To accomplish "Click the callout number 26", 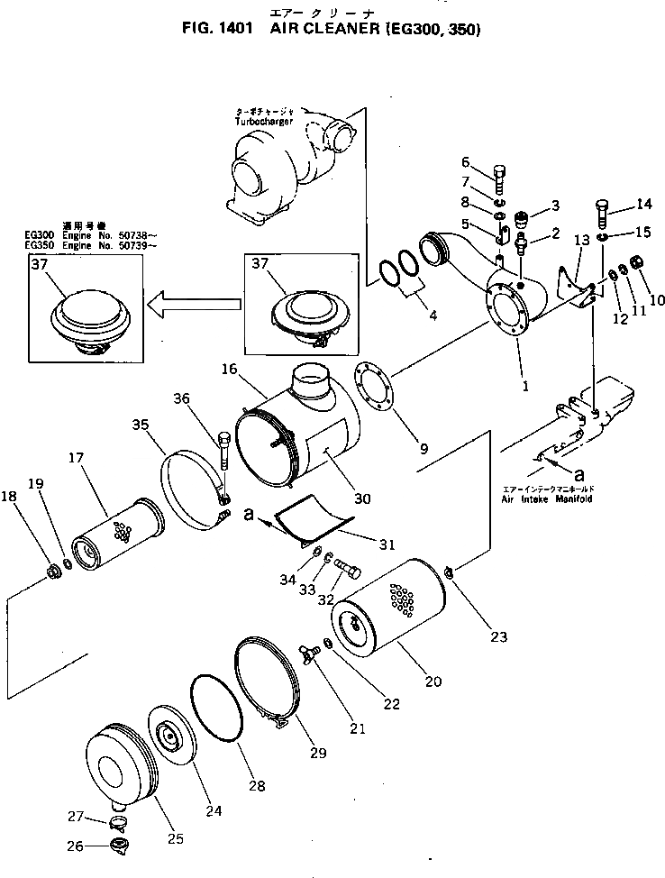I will [x=75, y=846].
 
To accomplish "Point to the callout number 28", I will [x=258, y=786].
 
